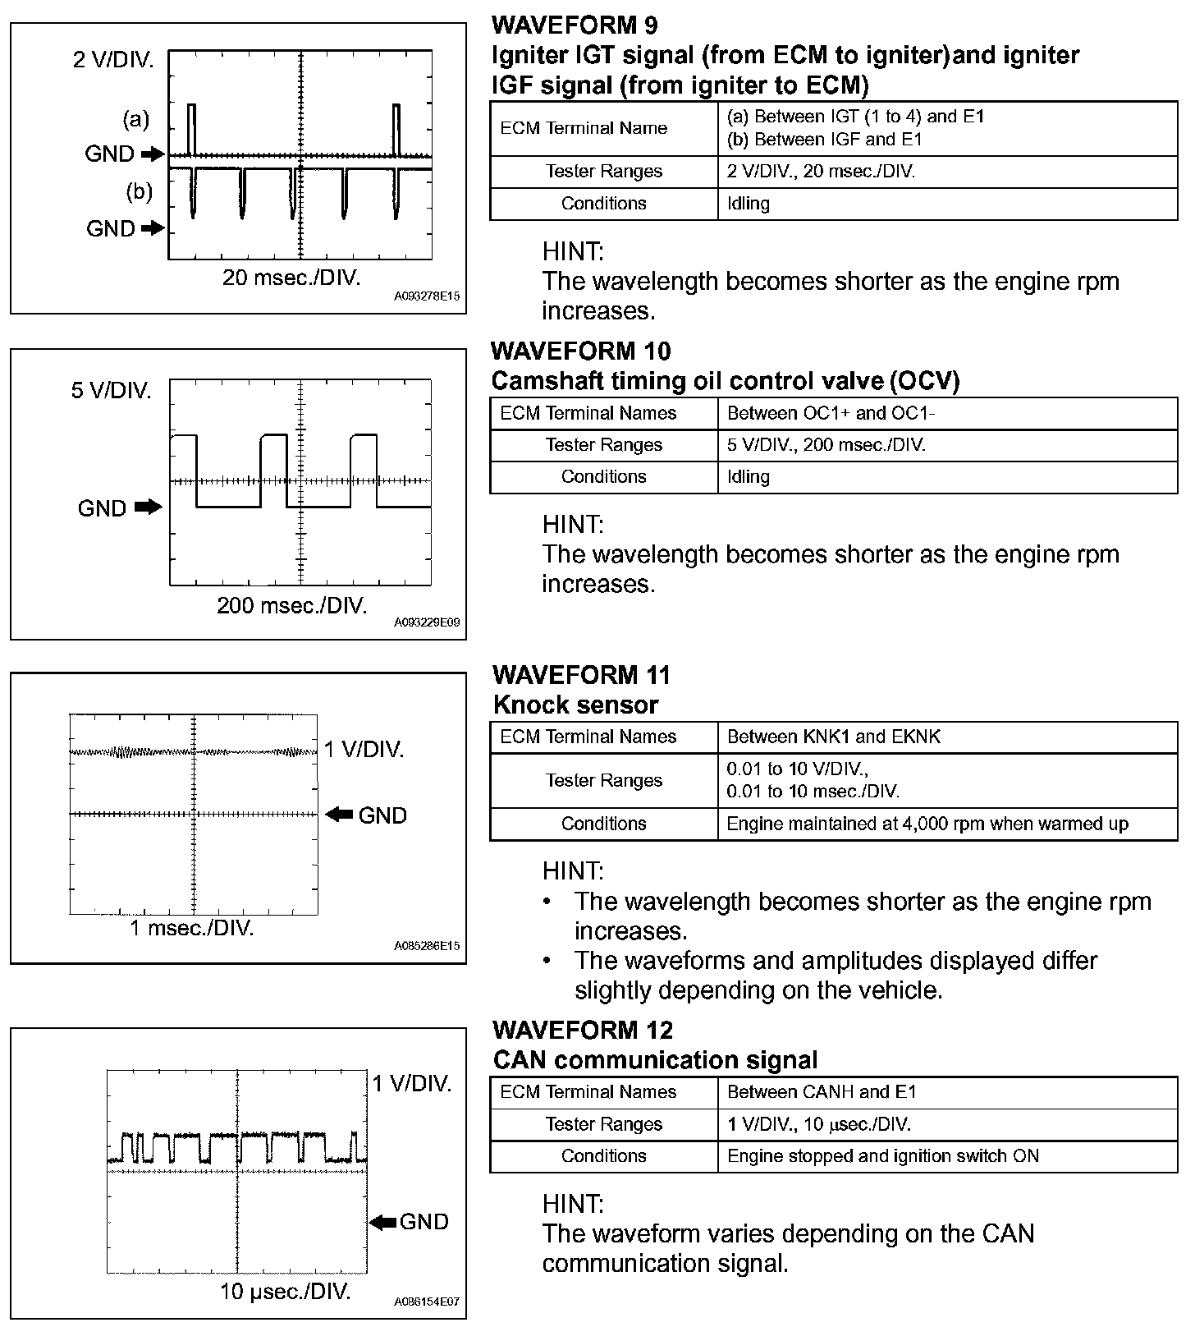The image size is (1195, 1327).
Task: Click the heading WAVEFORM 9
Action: click(x=575, y=25)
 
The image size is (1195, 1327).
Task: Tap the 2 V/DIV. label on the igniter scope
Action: click(x=113, y=60)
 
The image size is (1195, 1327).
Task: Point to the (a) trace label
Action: click(x=135, y=120)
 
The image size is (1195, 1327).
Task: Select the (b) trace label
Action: click(x=139, y=191)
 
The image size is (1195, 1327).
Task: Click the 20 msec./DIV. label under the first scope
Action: click(x=291, y=278)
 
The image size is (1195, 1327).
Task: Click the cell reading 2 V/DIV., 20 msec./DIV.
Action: click(x=822, y=172)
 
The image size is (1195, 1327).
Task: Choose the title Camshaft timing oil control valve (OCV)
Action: click(x=726, y=381)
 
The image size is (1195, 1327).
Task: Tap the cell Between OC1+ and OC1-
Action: click(x=831, y=413)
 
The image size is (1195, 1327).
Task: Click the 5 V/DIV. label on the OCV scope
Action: click(x=112, y=390)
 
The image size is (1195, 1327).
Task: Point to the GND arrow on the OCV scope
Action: click(x=149, y=507)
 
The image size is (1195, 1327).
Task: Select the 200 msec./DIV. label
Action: click(x=292, y=606)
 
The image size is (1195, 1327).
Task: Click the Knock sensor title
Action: click(x=576, y=705)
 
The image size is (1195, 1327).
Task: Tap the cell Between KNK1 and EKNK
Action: click(x=834, y=737)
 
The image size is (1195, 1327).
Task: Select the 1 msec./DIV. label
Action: click(x=192, y=929)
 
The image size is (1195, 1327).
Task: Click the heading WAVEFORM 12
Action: click(x=583, y=1030)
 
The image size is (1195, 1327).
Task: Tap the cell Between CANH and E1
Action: click(x=822, y=1092)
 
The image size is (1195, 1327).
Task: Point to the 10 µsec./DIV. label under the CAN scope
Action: click(x=285, y=1292)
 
